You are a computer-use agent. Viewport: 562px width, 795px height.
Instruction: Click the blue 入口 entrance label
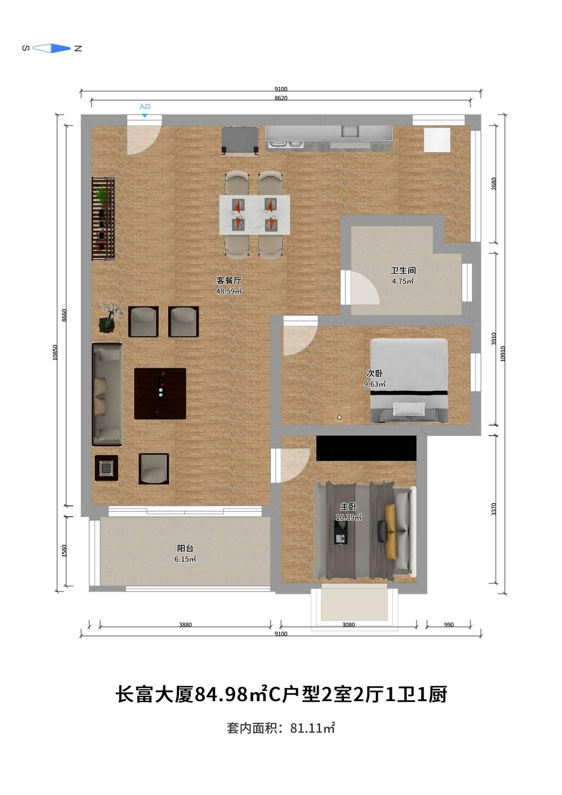[145, 106]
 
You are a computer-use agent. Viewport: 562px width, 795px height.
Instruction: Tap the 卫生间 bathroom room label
[403, 270]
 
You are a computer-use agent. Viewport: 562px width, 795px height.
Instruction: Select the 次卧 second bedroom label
[374, 373]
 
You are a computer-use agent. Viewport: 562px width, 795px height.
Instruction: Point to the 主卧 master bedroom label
[348, 507]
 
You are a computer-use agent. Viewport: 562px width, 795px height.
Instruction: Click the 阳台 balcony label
[185, 548]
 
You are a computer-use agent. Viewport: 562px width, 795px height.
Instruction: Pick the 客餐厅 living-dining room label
[229, 280]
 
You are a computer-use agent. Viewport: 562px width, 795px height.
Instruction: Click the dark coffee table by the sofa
[160, 394]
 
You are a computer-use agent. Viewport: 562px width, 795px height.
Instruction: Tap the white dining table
[254, 214]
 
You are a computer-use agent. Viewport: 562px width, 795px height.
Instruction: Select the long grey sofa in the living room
[107, 394]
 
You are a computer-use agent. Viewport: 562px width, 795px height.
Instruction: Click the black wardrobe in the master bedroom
[366, 448]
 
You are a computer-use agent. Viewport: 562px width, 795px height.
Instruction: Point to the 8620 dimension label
[281, 98]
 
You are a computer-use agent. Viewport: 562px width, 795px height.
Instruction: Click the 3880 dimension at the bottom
[186, 625]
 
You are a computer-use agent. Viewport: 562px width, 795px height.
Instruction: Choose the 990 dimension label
[449, 625]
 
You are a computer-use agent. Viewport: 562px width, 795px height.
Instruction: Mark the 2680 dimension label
[494, 183]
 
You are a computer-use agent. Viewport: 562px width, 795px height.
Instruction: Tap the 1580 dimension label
[64, 551]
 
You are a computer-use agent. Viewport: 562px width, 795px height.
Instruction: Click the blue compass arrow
[60, 48]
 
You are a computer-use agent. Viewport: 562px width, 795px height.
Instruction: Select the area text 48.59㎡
[229, 291]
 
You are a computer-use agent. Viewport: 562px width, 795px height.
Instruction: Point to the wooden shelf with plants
[103, 218]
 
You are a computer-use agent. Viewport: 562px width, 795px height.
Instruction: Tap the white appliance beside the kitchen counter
[437, 140]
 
